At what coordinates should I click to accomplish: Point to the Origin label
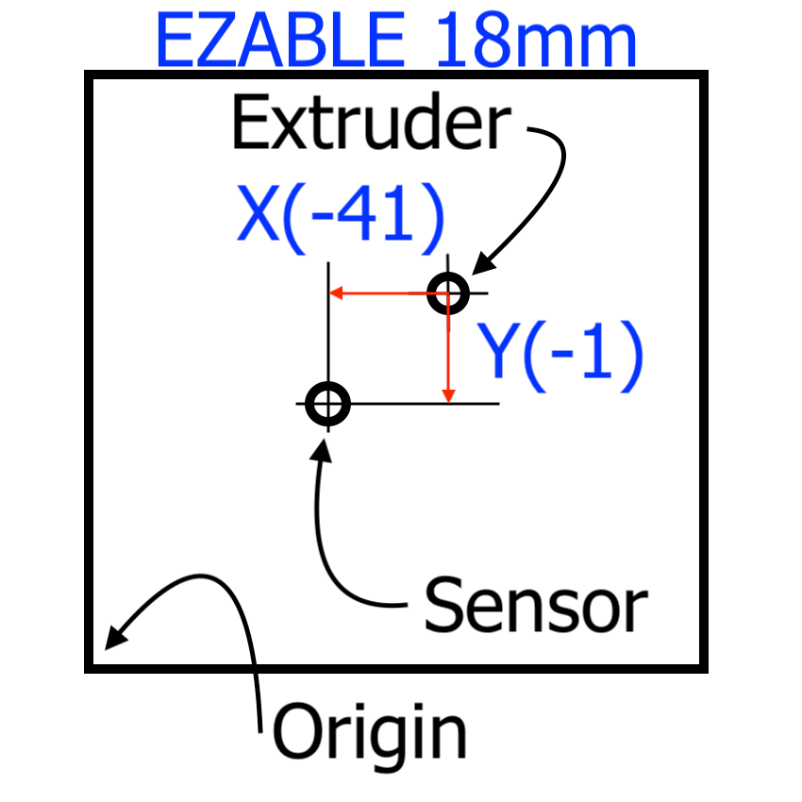click(370, 731)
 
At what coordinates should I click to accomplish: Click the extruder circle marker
click(447, 292)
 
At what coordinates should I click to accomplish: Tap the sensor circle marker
click(327, 404)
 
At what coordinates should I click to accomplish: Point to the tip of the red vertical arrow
click(449, 399)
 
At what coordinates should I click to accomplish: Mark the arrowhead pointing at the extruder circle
click(477, 269)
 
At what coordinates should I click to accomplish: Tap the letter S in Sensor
click(444, 605)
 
